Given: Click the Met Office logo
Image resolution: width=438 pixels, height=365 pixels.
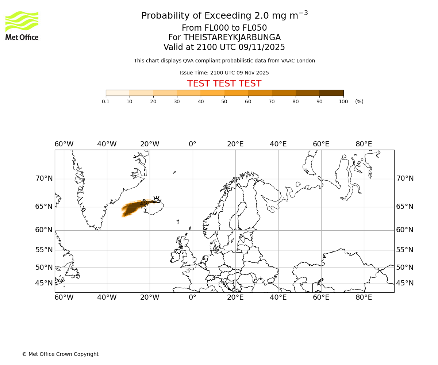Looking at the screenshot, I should click(x=22, y=26).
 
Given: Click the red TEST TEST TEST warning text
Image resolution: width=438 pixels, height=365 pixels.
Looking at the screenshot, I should click(x=224, y=84).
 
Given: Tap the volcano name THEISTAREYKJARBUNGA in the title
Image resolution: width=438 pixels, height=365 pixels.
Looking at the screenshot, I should click(x=232, y=38).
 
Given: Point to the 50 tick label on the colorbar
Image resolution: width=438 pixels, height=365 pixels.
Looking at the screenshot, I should click(x=224, y=101).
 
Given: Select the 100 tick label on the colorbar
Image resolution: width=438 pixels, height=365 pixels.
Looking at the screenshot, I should click(x=343, y=101).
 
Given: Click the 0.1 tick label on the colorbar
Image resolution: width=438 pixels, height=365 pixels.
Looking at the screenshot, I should click(x=106, y=101).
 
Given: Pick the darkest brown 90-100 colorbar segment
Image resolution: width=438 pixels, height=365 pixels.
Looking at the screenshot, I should click(x=331, y=93).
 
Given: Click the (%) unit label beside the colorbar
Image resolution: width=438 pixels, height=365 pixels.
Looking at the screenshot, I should click(x=359, y=101).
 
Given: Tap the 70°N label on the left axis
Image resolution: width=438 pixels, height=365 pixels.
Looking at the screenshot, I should click(x=44, y=178).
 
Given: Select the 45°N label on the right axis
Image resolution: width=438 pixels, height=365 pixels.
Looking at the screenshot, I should click(x=405, y=283).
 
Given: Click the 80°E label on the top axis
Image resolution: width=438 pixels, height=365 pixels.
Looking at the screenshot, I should click(x=364, y=144).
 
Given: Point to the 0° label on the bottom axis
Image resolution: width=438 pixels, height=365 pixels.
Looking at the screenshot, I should click(x=192, y=297).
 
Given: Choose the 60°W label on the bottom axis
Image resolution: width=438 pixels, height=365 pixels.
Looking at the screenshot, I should click(x=64, y=297).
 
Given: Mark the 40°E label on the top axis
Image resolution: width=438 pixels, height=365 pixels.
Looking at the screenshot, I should click(x=278, y=144).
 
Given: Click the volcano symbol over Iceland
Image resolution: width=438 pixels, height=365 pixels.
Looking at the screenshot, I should click(x=156, y=199).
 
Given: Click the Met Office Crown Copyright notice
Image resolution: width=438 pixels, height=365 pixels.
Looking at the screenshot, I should click(x=60, y=354).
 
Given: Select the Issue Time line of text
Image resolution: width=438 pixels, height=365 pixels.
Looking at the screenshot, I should click(x=224, y=73).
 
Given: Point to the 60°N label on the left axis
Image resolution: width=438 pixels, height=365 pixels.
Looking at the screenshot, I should click(x=44, y=230).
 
